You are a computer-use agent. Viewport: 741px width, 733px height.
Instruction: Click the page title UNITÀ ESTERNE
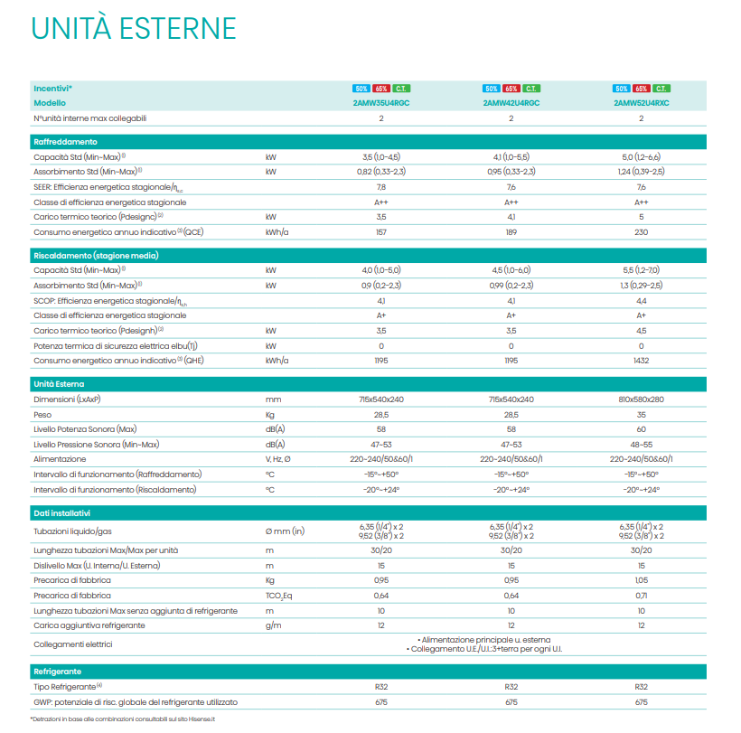[x=133, y=28]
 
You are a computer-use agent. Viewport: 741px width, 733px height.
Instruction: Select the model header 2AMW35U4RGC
[x=381, y=103]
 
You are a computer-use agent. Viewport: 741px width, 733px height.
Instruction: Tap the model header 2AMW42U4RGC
[x=511, y=103]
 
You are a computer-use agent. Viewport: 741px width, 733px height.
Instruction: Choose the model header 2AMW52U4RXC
[x=642, y=103]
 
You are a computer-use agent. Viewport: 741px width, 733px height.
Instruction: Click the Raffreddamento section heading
[x=65, y=142]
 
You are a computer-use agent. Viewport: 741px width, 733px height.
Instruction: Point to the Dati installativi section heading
[x=66, y=512]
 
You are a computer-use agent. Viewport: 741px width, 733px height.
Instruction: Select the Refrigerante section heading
[x=58, y=672]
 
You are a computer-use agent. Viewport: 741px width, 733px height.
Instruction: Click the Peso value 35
[x=642, y=414]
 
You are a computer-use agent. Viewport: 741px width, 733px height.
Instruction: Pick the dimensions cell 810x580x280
[x=642, y=399]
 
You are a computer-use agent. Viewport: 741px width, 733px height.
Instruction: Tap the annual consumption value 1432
[x=642, y=361]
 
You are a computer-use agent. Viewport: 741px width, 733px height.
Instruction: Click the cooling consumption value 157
[x=381, y=232]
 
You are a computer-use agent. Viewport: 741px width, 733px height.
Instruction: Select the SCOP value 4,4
[x=642, y=300]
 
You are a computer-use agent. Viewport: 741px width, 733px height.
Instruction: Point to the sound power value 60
[x=642, y=428]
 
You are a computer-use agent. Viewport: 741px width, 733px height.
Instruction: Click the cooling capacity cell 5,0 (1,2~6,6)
[x=642, y=156]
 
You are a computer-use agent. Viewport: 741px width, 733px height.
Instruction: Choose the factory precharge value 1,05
[x=642, y=580]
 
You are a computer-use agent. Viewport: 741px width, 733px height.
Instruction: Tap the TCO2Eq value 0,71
[x=642, y=596]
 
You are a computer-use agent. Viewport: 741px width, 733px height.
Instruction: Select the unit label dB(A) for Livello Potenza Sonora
[x=275, y=428]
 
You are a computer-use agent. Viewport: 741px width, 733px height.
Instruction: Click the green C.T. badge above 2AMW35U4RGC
[x=401, y=89]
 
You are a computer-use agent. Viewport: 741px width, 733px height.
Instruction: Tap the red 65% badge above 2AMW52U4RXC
[x=642, y=89]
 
